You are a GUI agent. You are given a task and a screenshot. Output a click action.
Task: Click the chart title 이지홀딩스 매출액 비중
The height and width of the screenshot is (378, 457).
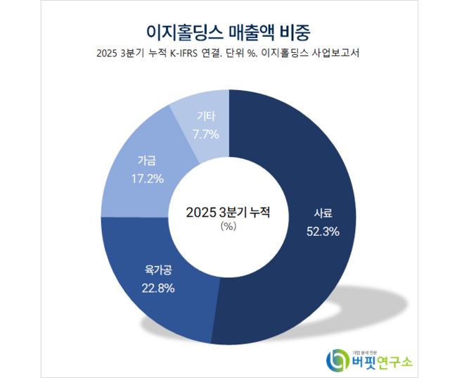coord(228,32)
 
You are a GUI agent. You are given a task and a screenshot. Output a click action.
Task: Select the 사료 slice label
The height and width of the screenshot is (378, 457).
coord(323,215)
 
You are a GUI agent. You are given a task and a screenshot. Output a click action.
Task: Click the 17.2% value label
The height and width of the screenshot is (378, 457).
coord(147,178)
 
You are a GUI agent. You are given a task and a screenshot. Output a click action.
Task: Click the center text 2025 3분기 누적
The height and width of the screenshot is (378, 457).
coord(228,211)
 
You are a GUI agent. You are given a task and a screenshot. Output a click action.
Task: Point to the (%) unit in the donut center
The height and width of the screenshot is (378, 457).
coord(228,226)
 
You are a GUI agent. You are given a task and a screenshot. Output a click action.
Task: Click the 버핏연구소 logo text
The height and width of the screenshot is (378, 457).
coord(382,361)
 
